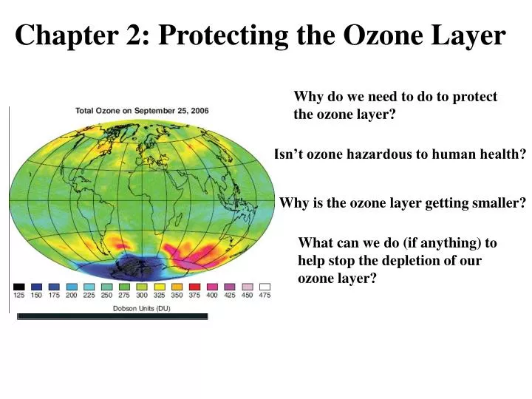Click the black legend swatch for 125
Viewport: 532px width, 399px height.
click(x=18, y=287)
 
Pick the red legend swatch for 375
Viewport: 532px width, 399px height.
click(x=195, y=287)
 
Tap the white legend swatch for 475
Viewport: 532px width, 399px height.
click(x=265, y=287)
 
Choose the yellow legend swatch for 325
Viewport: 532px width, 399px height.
click(x=160, y=287)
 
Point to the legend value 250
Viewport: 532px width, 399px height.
click(x=106, y=296)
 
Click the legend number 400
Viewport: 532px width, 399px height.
click(x=213, y=296)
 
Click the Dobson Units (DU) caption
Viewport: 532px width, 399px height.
click(x=141, y=308)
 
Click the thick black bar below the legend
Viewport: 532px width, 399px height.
click(x=112, y=316)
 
